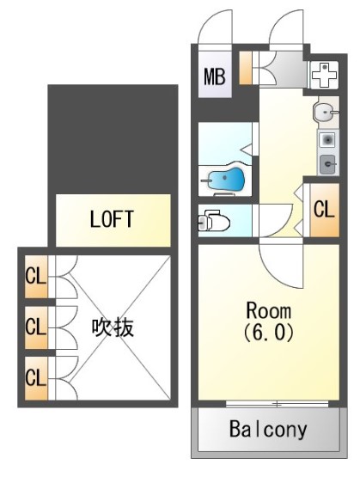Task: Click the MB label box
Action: [x=213, y=77]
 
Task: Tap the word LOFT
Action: [x=112, y=219]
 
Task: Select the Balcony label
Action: [x=268, y=430]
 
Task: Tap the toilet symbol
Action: [x=214, y=223]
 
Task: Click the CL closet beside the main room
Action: [x=322, y=208]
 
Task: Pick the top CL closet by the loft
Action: [x=34, y=277]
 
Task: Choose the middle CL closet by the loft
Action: [x=34, y=327]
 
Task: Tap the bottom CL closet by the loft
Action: [x=34, y=376]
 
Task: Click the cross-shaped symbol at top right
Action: [x=324, y=76]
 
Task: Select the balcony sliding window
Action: [x=277, y=403]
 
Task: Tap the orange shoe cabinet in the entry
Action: [x=246, y=69]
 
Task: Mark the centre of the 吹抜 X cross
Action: [x=113, y=327]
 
